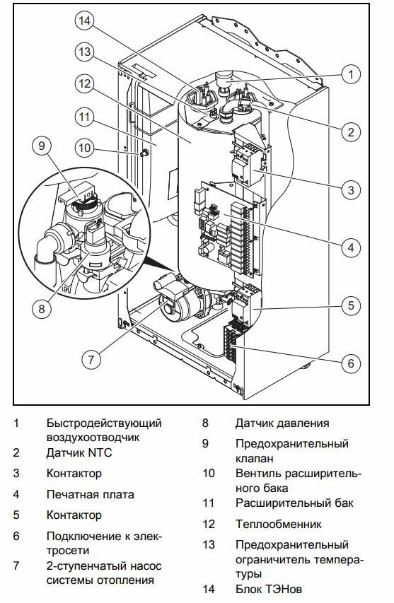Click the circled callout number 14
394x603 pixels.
85,21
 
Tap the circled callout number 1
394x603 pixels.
351,74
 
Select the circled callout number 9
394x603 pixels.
42,146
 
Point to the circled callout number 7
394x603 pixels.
91,359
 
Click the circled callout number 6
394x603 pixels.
351,363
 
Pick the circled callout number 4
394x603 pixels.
351,247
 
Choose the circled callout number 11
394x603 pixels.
85,117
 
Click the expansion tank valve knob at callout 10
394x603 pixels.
144,153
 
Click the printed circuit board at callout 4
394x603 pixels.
227,229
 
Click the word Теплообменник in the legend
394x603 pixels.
278,524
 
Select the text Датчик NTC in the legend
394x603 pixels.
79,452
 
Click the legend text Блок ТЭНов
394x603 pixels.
269,589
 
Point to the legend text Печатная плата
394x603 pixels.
91,494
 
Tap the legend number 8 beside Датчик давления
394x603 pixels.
205,423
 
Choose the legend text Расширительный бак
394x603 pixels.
294,503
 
